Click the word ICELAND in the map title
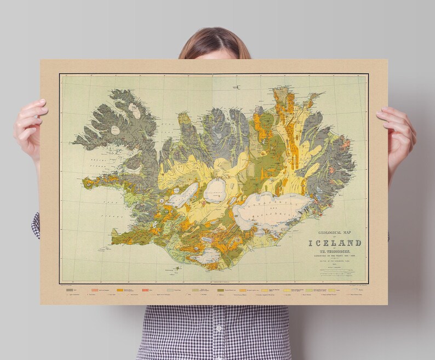(335, 243)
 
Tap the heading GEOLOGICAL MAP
(334, 232)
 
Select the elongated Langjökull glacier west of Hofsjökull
(184, 195)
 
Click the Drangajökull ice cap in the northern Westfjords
(134, 110)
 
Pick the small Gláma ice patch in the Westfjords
(116, 130)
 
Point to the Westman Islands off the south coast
(177, 269)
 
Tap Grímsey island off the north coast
(237, 87)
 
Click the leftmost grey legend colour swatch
(70, 289)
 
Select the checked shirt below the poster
(214, 332)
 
